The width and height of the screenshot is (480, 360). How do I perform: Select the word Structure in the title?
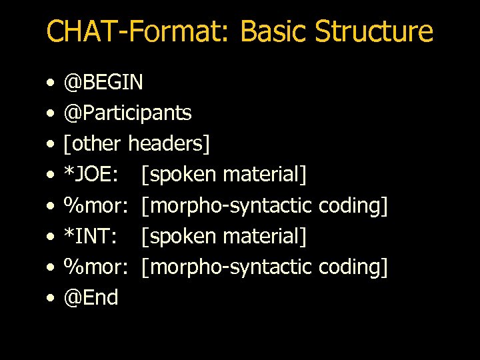pyautogui.click(x=374, y=31)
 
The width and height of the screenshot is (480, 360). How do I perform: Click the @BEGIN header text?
pyautogui.click(x=103, y=83)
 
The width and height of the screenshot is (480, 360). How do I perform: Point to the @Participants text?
pyautogui.click(x=127, y=113)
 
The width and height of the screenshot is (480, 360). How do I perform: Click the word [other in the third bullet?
pyautogui.click(x=93, y=144)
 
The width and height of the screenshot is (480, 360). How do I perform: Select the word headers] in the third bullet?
pyautogui.click(x=169, y=144)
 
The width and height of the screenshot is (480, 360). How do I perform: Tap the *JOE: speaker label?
pyautogui.click(x=92, y=175)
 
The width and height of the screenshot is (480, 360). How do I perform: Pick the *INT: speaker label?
pyautogui.click(x=91, y=236)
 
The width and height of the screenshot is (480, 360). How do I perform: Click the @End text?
pyautogui.click(x=91, y=297)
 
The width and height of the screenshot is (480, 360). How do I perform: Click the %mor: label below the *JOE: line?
pyautogui.click(x=95, y=205)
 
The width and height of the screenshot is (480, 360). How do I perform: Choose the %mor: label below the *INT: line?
pyautogui.click(x=95, y=267)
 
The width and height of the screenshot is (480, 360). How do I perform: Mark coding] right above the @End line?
pyautogui.click(x=353, y=267)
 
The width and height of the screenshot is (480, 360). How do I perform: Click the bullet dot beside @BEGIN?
pyautogui.click(x=51, y=84)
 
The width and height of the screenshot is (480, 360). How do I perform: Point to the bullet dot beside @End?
pyautogui.click(x=51, y=299)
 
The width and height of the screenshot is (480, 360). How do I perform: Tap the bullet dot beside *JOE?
pyautogui.click(x=51, y=176)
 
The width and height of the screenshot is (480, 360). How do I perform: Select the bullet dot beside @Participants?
pyautogui.click(x=51, y=115)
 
